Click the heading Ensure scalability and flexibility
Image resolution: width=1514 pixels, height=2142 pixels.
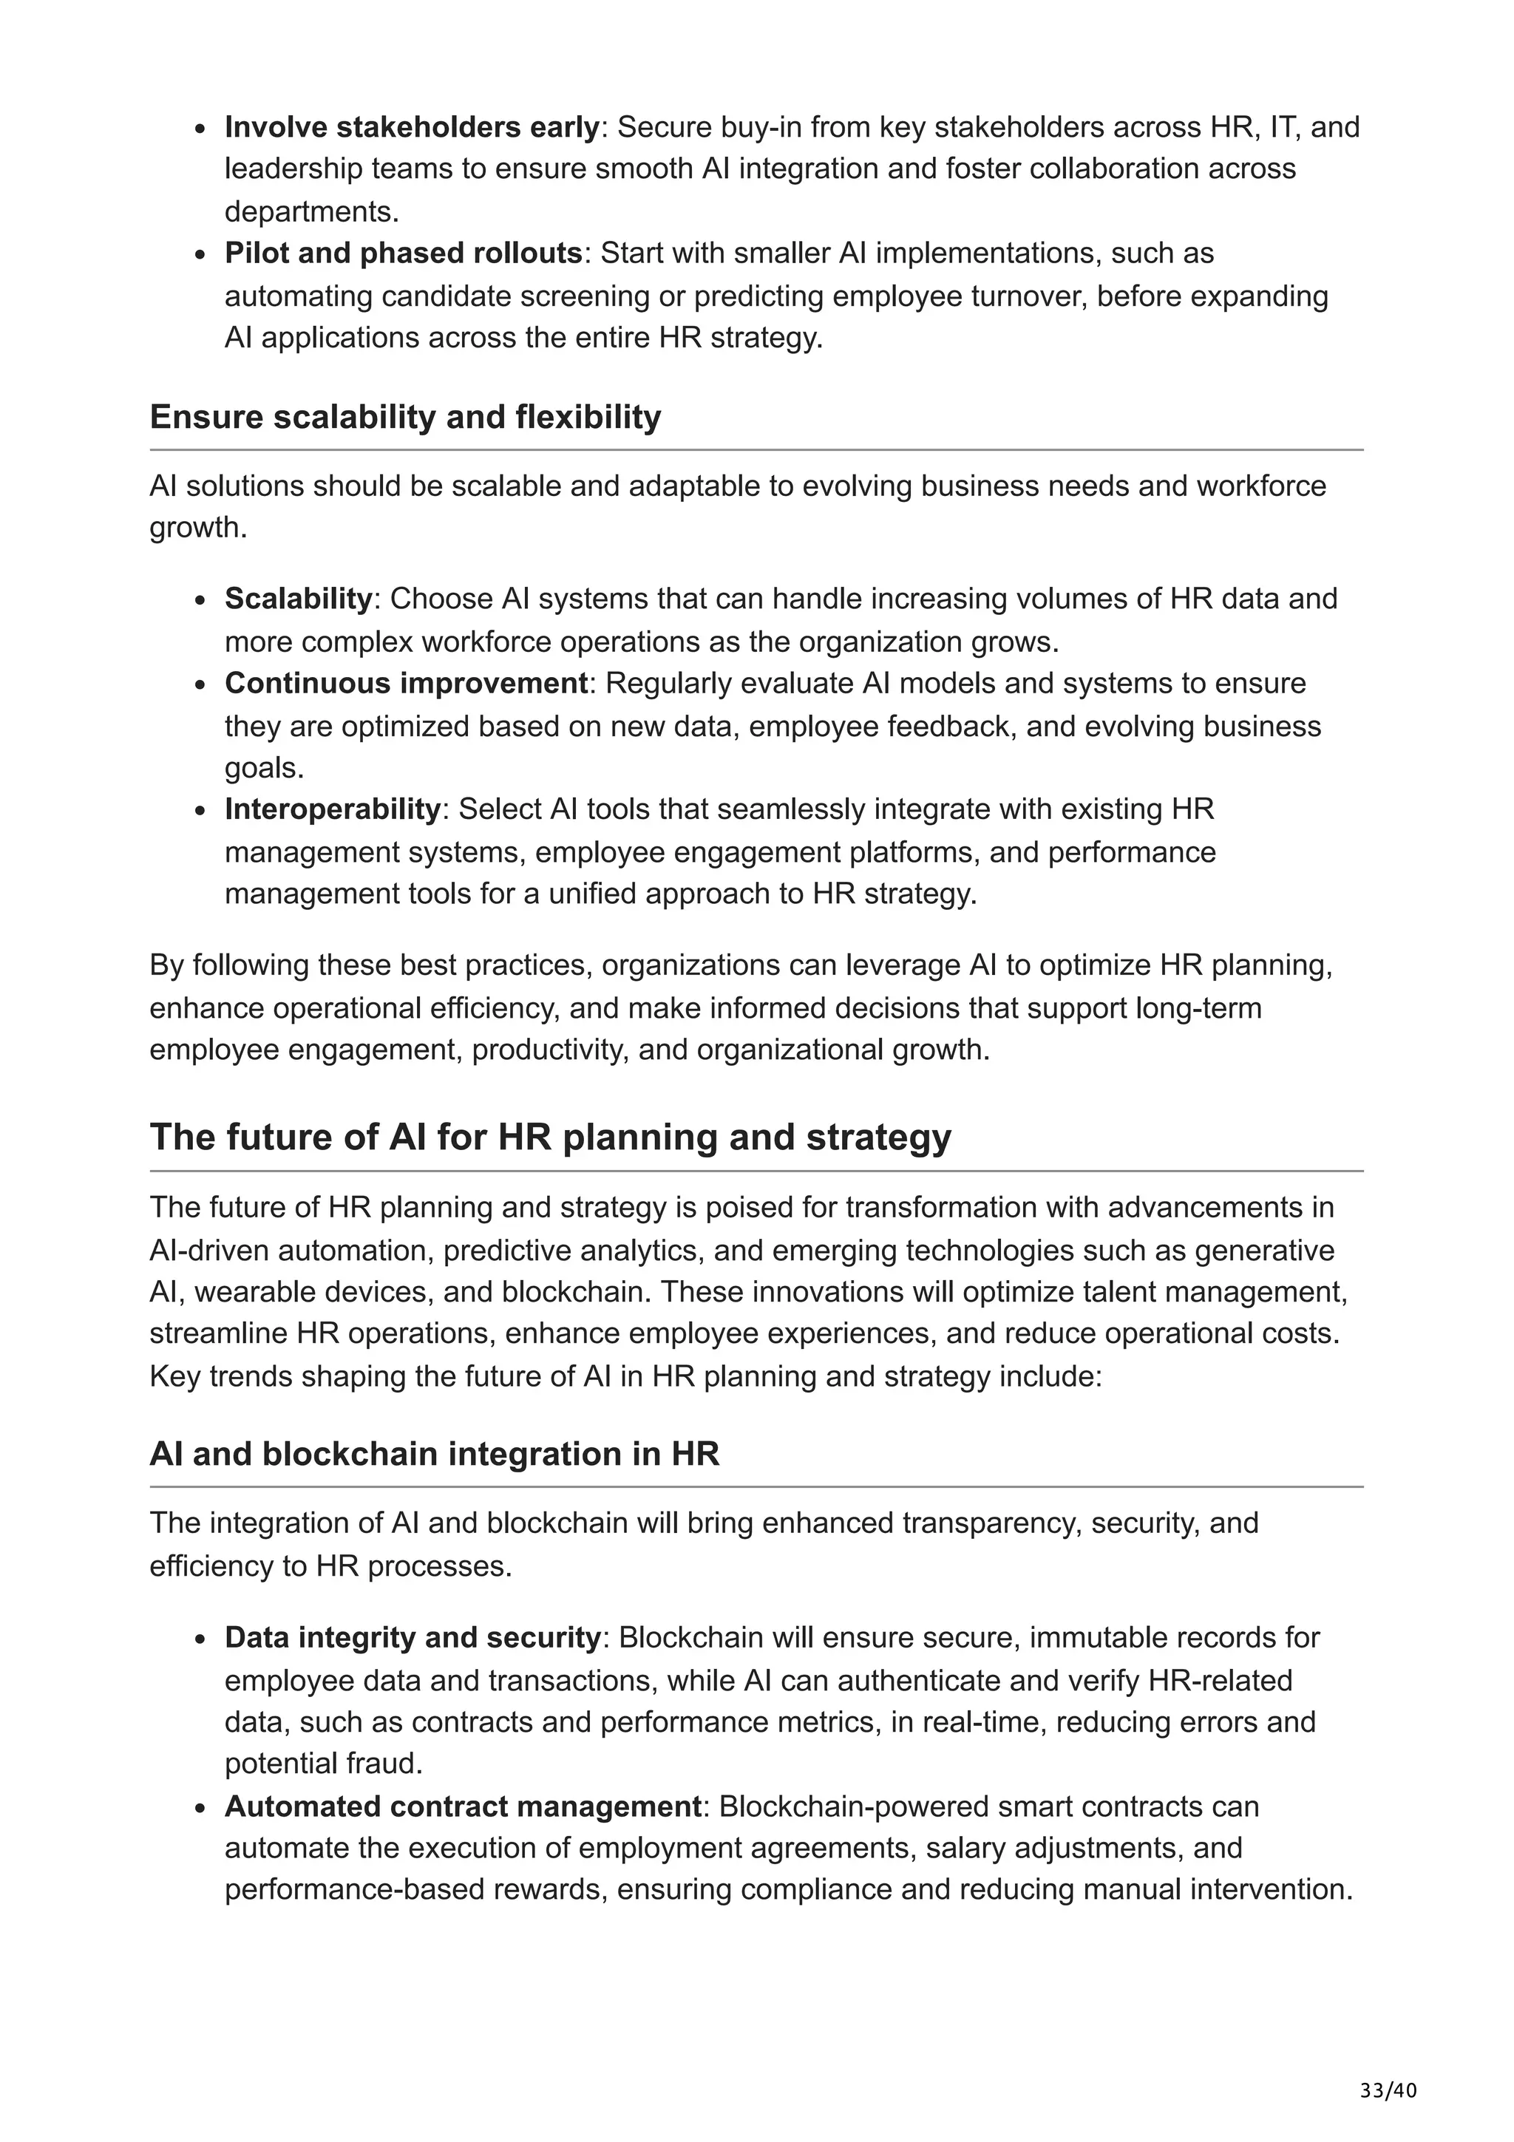pos(405,417)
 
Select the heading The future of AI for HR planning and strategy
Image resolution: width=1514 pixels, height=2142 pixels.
pos(550,1138)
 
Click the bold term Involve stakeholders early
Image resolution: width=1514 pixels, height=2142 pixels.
pos(411,127)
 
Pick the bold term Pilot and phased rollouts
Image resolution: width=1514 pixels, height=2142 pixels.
pos(403,253)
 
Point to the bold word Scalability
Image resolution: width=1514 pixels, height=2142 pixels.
pos(298,598)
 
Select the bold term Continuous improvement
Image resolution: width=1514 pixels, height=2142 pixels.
pos(406,683)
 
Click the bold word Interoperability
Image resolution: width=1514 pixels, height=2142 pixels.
pos(332,809)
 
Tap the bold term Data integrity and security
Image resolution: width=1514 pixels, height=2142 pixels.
pos(413,1637)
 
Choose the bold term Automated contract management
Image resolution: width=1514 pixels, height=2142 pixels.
pos(463,1806)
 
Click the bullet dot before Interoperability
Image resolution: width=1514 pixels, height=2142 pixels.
pos(200,812)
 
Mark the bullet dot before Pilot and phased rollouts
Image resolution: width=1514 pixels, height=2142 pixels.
pos(200,256)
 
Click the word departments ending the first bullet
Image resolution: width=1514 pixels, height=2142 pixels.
pos(310,212)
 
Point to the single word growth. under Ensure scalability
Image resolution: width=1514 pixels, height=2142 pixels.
pos(198,528)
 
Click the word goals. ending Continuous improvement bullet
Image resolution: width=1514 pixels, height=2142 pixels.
pos(264,768)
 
